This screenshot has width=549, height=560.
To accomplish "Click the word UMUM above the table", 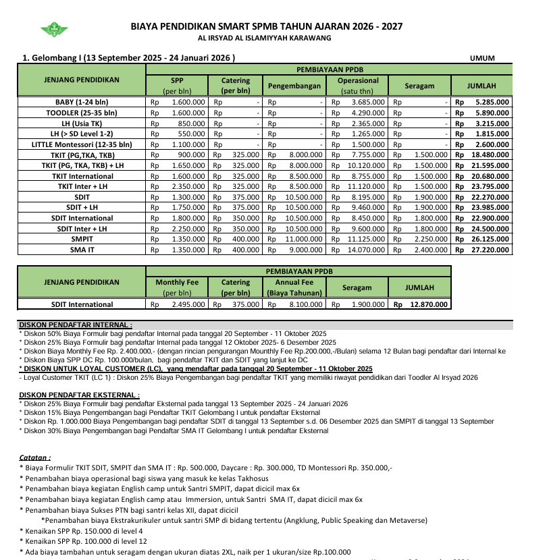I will click(482, 58).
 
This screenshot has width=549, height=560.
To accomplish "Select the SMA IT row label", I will click(82, 250).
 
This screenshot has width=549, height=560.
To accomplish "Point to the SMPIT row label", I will click(82, 239).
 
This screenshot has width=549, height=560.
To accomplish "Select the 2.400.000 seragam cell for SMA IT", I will click(431, 250).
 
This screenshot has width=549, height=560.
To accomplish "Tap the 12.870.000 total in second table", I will click(429, 304).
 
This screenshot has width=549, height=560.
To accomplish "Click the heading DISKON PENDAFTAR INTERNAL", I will click(76, 325).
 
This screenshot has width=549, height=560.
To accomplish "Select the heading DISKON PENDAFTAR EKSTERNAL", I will click(80, 395).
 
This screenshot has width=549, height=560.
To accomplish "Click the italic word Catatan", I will click(35, 457).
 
